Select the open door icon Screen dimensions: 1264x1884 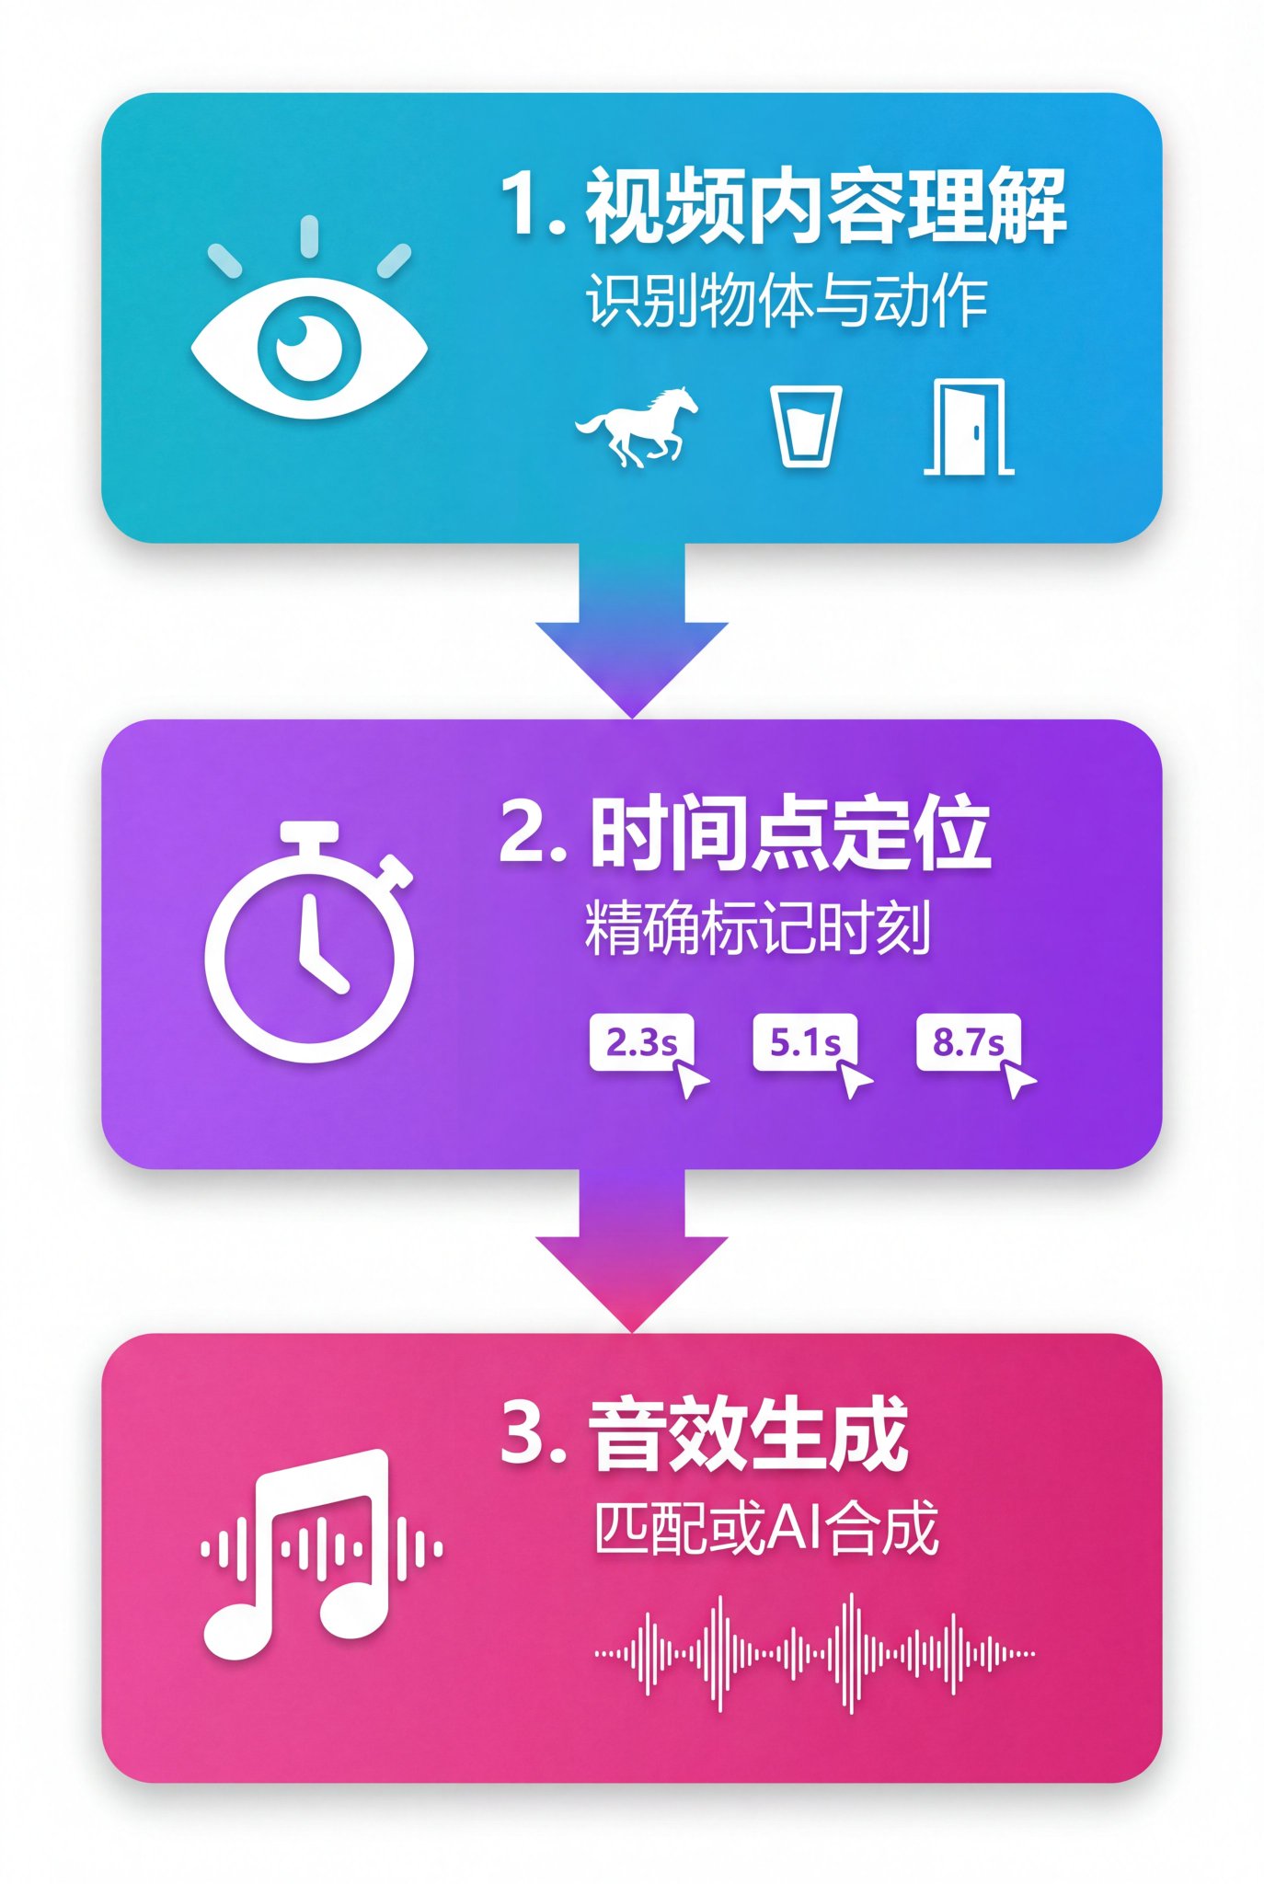969,427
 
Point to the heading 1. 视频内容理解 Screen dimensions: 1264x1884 784,207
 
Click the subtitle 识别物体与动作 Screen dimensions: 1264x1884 787,301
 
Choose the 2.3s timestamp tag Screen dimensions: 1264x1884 641,1042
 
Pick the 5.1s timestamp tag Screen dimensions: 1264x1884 805,1042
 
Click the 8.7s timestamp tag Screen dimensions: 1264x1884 969,1042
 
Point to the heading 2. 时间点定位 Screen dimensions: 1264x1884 745,833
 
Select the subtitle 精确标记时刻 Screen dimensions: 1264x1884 758,928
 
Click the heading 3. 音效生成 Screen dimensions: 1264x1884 705,1434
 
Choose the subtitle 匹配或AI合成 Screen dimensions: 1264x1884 766,1528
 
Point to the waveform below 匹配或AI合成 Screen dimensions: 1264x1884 815,1653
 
